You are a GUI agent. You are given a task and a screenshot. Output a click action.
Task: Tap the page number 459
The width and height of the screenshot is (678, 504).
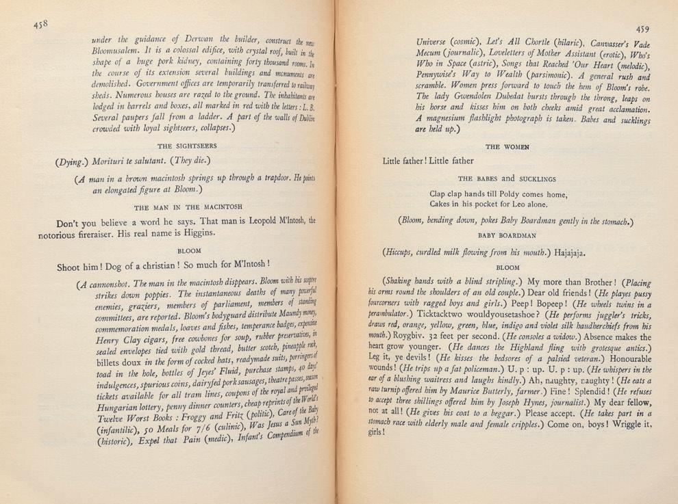pyautogui.click(x=642, y=29)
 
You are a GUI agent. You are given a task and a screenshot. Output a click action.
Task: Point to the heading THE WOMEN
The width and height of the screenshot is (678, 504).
pyautogui.click(x=506, y=147)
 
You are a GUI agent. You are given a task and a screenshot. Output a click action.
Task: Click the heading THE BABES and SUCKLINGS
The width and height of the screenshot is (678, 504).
pyautogui.click(x=507, y=178)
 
